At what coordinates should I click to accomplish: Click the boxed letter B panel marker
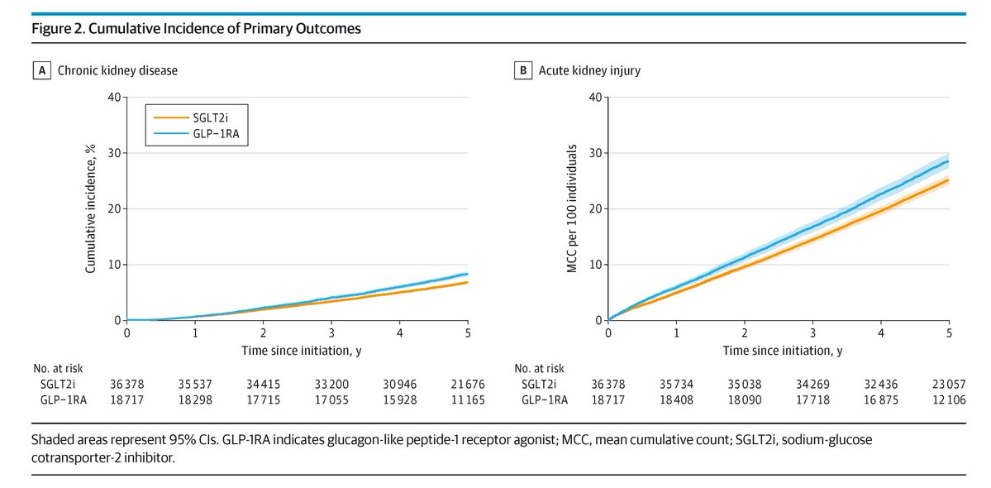(x=522, y=70)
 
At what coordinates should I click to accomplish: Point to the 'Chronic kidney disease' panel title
(x=117, y=70)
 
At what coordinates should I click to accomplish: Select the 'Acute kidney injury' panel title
(x=589, y=70)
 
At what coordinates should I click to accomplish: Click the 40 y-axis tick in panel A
(x=113, y=97)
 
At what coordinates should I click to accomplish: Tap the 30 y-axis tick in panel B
(x=594, y=153)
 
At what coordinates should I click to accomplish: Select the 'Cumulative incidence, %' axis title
(x=91, y=208)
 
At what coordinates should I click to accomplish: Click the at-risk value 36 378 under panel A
(x=126, y=384)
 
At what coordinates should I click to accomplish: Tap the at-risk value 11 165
(x=468, y=399)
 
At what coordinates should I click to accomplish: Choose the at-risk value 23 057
(x=949, y=384)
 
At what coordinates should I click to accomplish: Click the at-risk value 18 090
(x=745, y=399)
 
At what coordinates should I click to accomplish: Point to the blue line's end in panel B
(x=948, y=161)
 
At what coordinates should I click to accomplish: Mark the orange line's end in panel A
(x=467, y=282)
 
